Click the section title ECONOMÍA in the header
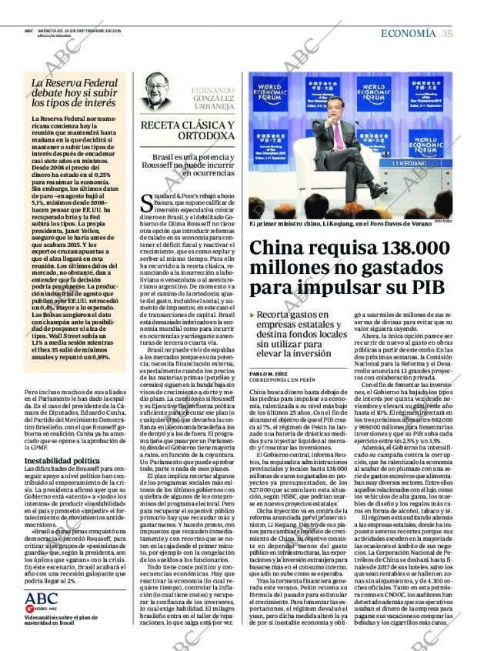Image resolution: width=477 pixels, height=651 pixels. click(x=408, y=33)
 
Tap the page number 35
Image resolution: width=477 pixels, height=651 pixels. click(x=447, y=33)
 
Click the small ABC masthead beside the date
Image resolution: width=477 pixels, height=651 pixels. click(x=28, y=31)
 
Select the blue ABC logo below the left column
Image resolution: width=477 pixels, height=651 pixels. click(x=41, y=599)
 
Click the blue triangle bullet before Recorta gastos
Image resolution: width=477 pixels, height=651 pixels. click(x=252, y=315)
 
